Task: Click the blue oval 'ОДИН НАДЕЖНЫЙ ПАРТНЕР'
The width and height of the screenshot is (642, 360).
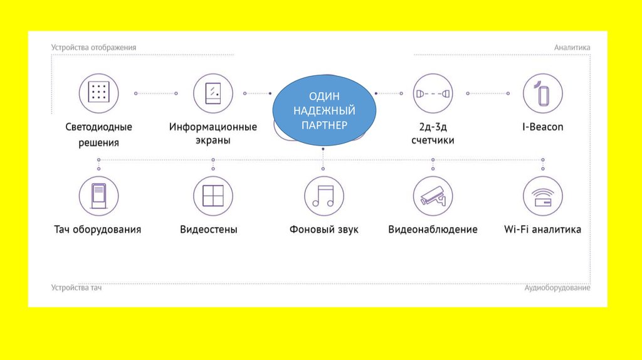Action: point(324,111)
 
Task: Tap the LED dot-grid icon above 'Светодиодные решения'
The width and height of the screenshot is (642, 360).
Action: point(98,93)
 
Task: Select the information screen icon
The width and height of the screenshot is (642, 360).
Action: point(213,93)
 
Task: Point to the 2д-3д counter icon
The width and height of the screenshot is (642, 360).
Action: point(433,93)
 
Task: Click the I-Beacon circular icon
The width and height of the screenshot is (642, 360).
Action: point(542,93)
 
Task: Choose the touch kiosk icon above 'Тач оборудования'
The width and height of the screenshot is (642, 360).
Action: point(98,196)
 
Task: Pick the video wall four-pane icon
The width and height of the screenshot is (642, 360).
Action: point(213,196)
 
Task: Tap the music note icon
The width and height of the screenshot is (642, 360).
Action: point(324,196)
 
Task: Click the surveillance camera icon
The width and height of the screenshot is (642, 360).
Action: point(433,196)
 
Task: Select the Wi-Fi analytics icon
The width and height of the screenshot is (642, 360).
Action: point(542,196)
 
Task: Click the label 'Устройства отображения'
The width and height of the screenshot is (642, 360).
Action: point(93,48)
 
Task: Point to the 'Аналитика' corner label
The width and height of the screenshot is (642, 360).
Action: point(572,48)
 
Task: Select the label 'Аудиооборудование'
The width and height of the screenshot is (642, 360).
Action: point(557,288)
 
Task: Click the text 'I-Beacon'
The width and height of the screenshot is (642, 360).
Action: point(543,127)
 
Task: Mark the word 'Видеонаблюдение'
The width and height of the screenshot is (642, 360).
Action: point(433,230)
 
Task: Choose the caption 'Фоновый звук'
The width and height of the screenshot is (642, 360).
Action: point(324,230)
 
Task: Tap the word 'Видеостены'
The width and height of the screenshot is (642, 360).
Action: point(209,230)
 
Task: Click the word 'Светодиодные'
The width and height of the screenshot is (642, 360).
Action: point(98,127)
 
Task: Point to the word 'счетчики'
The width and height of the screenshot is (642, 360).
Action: point(433,140)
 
